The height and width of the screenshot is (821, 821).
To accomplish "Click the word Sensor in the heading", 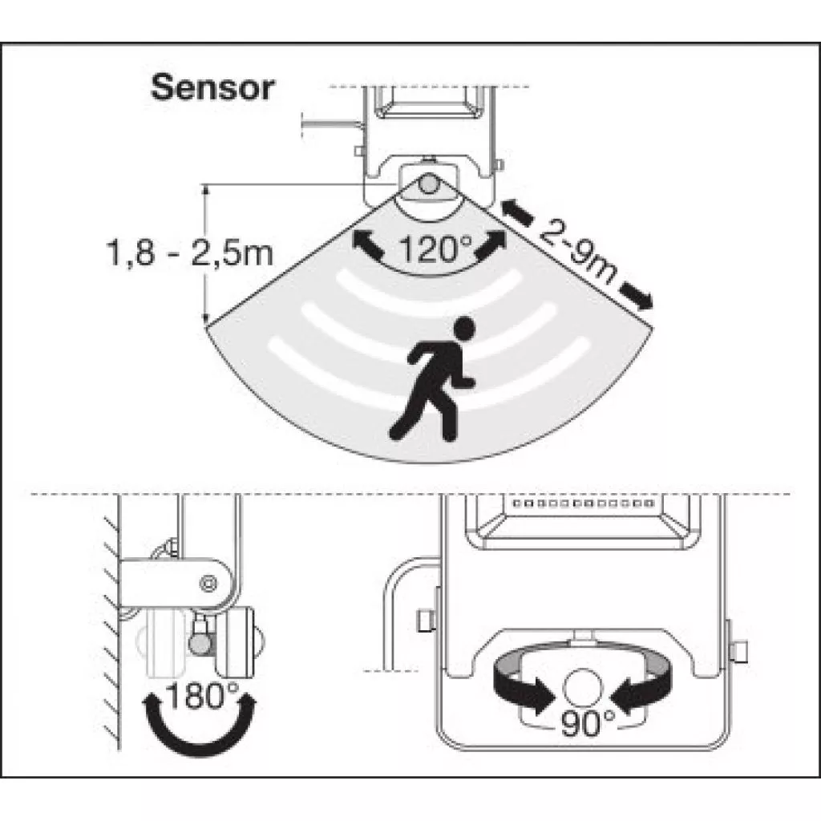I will pos(212,87).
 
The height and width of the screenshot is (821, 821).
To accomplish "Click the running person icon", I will pos(432,378).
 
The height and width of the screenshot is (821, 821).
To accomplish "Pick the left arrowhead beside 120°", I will pos(366,241).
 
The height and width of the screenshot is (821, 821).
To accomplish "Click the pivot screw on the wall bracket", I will pos(208,581).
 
